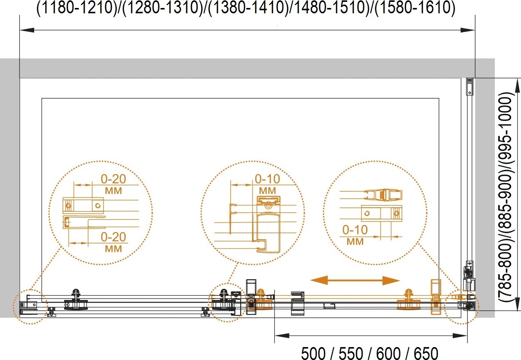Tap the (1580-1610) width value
coord(415,8)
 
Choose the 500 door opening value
coord(313,354)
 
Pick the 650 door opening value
coord(426,354)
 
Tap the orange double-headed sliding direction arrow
coord(355,280)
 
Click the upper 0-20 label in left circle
coord(113,179)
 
